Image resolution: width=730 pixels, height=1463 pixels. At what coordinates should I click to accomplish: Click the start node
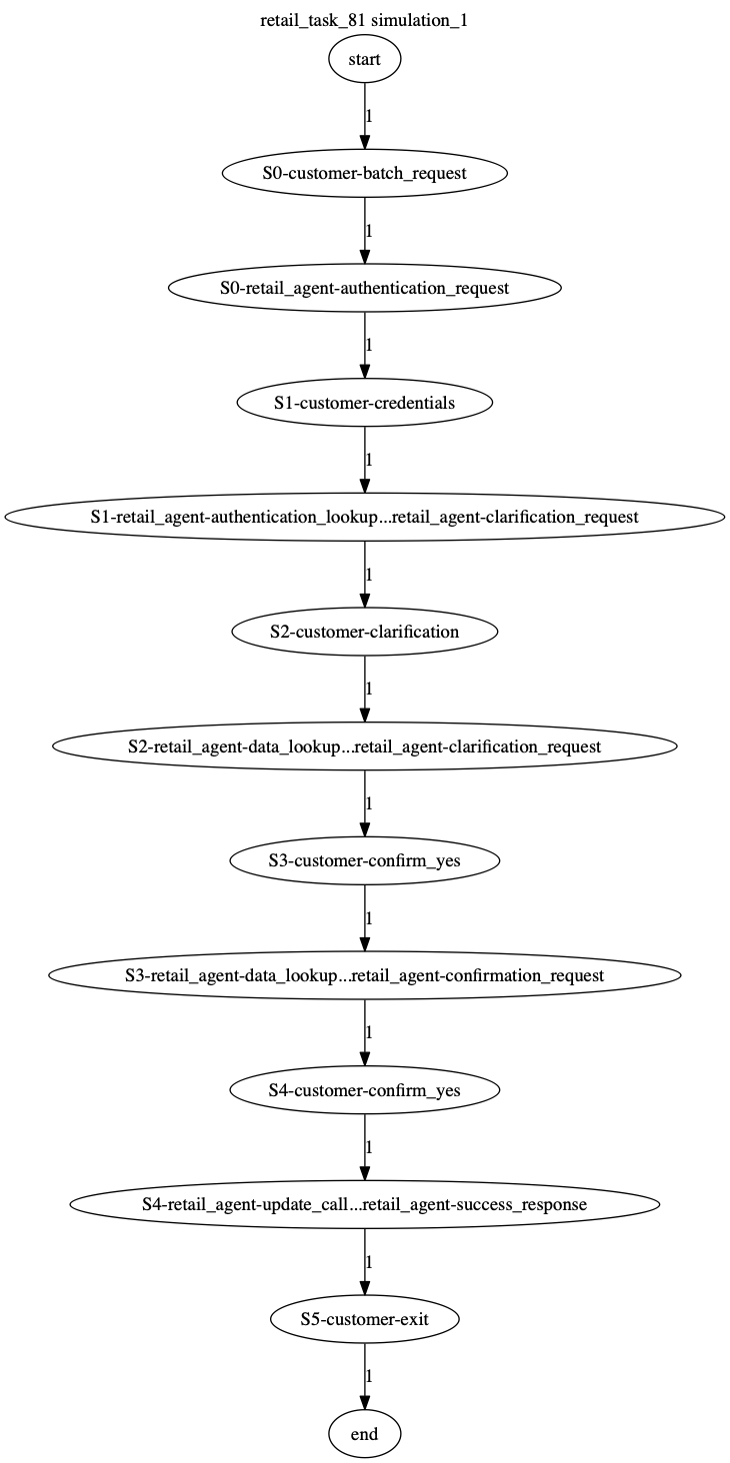pos(365,59)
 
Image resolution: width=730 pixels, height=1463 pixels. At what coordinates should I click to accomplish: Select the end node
pos(365,1434)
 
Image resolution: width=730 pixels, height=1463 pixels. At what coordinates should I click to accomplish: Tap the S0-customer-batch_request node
pos(365,173)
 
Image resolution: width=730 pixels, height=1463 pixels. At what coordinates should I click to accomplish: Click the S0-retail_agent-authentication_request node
pos(365,288)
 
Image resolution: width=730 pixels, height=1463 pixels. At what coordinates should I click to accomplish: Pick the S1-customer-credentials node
pos(365,403)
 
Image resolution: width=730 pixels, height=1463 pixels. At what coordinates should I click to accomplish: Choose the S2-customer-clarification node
pos(365,632)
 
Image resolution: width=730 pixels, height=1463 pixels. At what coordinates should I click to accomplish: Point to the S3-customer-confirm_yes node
pos(365,860)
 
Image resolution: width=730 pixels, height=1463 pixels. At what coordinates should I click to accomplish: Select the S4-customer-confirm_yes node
pos(365,1090)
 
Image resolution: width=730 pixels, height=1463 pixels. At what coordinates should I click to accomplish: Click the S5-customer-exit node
pos(365,1319)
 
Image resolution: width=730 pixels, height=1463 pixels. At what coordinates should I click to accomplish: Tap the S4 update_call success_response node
pos(365,1204)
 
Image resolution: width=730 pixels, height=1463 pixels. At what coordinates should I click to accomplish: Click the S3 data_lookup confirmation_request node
pos(365,975)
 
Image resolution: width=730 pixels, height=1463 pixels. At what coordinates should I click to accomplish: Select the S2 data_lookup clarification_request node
pos(365,745)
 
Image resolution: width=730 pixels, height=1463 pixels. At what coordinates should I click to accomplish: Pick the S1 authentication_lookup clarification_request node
pos(365,518)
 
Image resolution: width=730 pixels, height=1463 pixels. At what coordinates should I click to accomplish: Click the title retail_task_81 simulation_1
pos(364,20)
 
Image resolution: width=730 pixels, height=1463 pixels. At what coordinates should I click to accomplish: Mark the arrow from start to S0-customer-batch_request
pos(365,116)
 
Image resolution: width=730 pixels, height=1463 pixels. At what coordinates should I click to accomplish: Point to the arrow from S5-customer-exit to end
pos(365,1376)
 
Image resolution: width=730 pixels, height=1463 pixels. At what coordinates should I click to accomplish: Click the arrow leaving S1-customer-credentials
pos(365,460)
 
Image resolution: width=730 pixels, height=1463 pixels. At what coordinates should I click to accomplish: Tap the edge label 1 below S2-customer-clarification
pos(369,689)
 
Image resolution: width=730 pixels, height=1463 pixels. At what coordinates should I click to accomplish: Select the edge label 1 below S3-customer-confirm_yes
pos(369,917)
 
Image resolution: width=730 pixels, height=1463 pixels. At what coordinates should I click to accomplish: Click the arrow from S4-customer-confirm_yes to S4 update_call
pos(365,1147)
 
